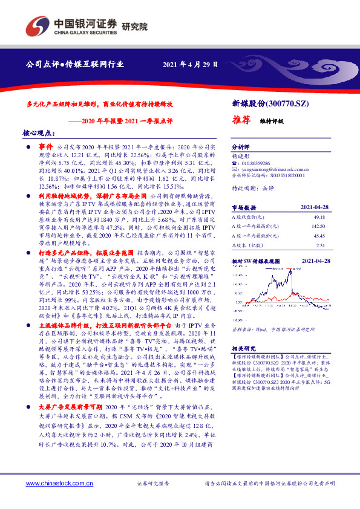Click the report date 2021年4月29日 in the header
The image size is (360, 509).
pyautogui.click(x=190, y=64)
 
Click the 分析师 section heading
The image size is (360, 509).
pyautogui.click(x=241, y=146)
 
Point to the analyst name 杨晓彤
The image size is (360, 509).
pyautogui.click(x=241, y=155)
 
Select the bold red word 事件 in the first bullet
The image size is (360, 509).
pyautogui.click(x=47, y=147)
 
